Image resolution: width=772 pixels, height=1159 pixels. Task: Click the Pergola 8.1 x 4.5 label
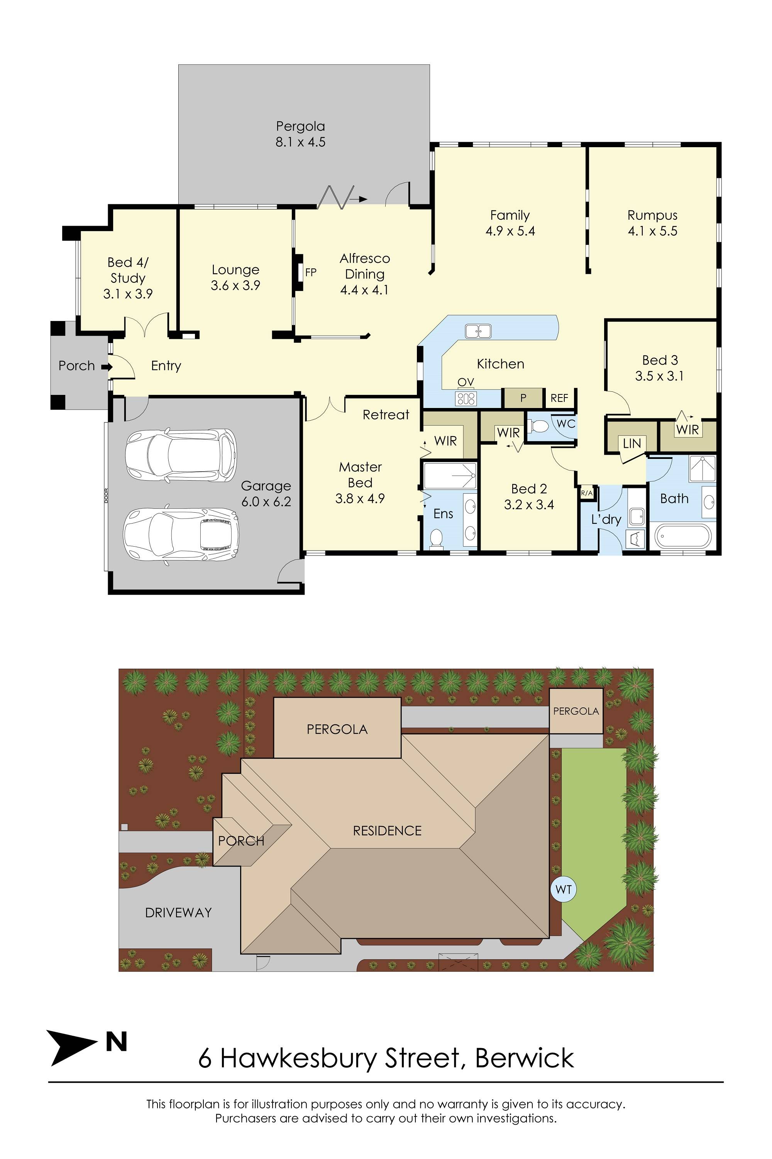click(300, 134)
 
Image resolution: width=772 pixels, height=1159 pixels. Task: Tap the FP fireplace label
click(311, 272)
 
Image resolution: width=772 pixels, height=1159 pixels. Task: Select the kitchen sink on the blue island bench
click(478, 331)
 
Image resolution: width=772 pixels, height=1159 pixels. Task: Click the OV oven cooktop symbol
click(466, 397)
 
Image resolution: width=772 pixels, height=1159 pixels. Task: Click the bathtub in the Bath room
click(683, 537)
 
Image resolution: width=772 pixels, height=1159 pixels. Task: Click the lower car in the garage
click(181, 533)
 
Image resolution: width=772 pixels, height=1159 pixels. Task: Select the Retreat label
click(386, 415)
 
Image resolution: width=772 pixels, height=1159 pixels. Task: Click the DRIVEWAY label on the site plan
click(178, 913)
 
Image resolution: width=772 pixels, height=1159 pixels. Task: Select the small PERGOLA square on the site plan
click(576, 711)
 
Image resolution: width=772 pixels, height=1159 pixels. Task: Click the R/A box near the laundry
click(587, 493)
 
